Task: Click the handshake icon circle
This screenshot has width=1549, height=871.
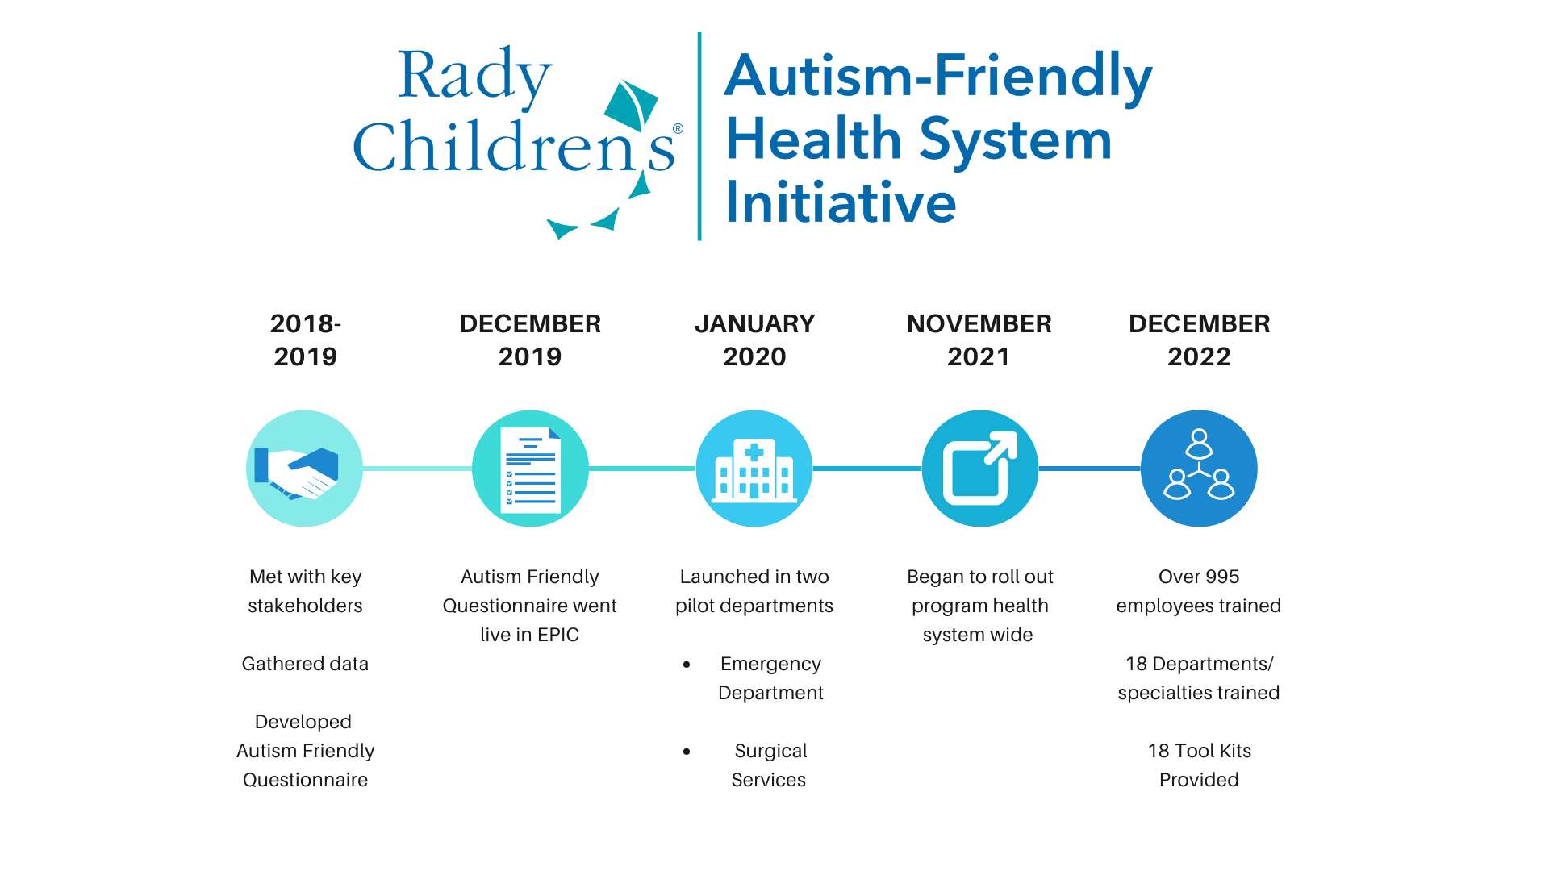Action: coord(304,469)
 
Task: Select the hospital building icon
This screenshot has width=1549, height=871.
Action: coord(754,469)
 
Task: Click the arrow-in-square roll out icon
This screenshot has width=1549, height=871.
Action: coord(979,469)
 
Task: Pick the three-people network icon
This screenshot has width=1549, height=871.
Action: coord(1199,469)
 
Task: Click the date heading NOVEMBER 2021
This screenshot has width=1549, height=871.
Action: coord(979,340)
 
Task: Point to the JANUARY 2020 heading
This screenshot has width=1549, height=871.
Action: coord(754,340)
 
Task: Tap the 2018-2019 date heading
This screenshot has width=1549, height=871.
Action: coord(305,340)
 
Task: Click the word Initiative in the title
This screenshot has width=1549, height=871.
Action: coord(841,202)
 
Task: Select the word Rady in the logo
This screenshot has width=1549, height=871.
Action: coord(474,77)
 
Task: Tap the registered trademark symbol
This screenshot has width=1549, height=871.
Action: coord(678,129)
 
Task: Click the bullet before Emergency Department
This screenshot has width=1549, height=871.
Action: coord(687,665)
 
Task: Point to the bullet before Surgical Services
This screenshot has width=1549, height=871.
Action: coord(687,752)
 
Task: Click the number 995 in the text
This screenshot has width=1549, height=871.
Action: coord(1222,577)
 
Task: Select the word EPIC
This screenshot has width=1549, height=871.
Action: coord(558,635)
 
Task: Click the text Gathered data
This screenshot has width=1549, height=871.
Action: coord(305,664)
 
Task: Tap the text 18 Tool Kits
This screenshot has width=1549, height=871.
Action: coord(1199,751)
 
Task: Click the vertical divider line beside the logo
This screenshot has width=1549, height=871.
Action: coord(699,137)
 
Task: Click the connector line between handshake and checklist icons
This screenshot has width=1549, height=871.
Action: coord(417,469)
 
